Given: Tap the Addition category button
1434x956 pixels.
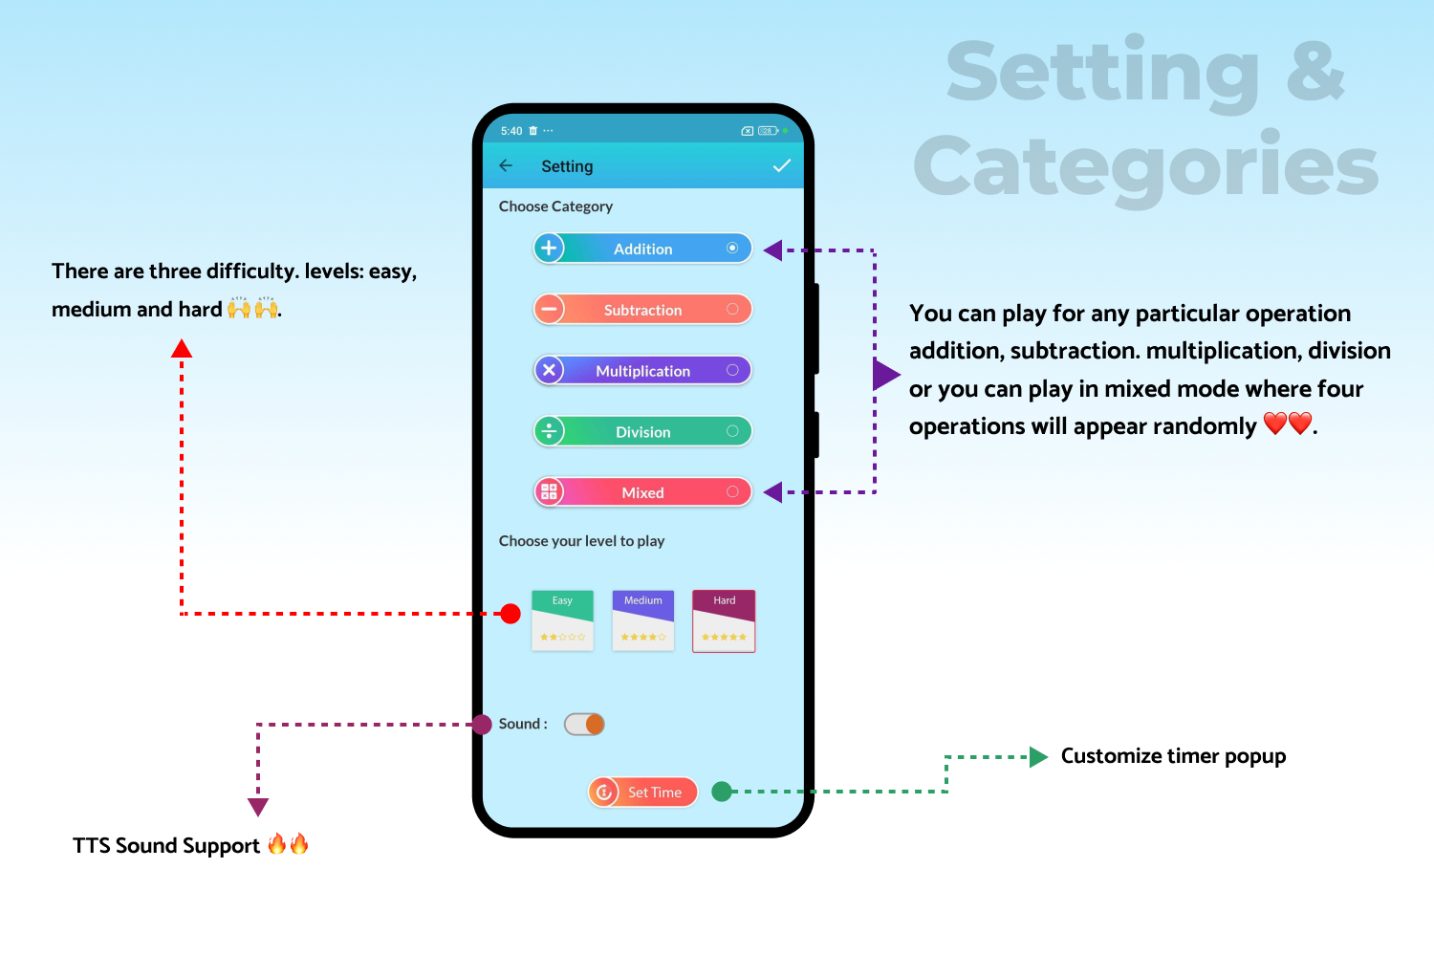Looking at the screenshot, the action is click(642, 249).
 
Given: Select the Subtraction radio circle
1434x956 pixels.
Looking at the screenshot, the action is click(732, 310).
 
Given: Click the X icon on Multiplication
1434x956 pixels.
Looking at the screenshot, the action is click(549, 370).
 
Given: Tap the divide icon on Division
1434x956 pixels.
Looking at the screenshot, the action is click(549, 431).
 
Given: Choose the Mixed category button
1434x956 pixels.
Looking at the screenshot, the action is click(642, 492).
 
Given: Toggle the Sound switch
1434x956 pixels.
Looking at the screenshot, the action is click(584, 725).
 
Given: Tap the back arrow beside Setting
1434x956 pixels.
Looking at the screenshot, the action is click(506, 165).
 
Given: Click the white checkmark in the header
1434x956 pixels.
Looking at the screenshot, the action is click(782, 165).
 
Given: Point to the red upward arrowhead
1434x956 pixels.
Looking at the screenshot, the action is click(182, 348).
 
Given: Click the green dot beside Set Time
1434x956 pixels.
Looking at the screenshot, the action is click(722, 792).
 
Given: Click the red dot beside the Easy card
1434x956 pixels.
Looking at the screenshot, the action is click(511, 614).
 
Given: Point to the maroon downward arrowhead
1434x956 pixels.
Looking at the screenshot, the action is click(258, 807).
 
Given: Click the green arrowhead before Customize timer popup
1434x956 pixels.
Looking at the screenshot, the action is click(1038, 757).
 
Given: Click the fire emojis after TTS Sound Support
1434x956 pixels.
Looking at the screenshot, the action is click(288, 844).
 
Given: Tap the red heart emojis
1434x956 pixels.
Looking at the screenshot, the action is click(1288, 424).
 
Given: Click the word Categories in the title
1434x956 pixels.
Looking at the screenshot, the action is click(1145, 166).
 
